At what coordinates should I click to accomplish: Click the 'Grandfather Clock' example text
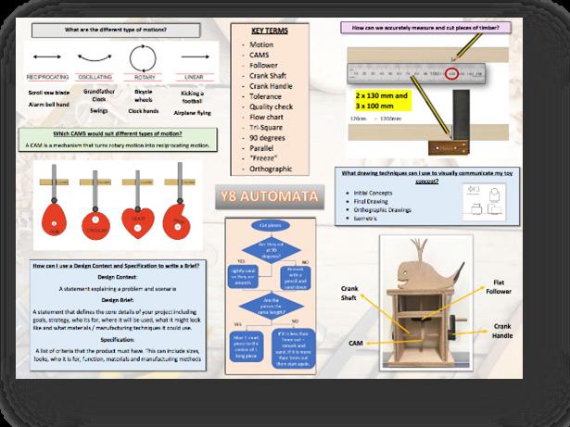point(99,95)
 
